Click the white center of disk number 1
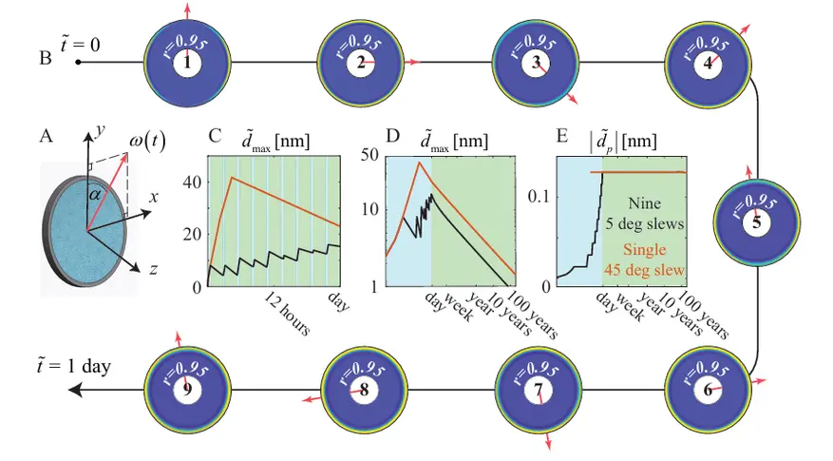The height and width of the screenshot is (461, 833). pos(187,63)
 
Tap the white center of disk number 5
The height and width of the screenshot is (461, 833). pos(756,221)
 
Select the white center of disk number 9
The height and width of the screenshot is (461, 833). pos(187,390)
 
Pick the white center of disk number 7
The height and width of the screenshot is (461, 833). pos(539,390)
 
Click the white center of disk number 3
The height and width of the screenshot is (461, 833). pos(536,63)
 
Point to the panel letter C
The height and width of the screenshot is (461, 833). pos(215,136)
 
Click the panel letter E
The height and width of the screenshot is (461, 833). pos(562,136)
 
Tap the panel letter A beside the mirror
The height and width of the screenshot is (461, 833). pos(47,136)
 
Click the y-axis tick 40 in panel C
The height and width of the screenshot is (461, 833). pos(192,182)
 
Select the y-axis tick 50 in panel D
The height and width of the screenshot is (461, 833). pos(369,155)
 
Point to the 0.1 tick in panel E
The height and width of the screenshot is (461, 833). pos(539,196)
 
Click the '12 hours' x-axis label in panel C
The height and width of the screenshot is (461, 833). pos(287,314)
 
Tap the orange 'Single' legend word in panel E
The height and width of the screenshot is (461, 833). pos(644,249)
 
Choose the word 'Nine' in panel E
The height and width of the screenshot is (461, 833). pos(644,203)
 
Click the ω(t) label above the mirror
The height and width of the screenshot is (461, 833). pos(147,142)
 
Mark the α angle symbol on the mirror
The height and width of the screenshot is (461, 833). pos(95,195)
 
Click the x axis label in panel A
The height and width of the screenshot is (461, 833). pos(154,198)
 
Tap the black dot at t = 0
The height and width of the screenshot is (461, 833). pos(78,62)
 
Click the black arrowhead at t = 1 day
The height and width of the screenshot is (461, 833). pos(75,390)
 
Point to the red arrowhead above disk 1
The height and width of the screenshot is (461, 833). pos(187,8)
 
